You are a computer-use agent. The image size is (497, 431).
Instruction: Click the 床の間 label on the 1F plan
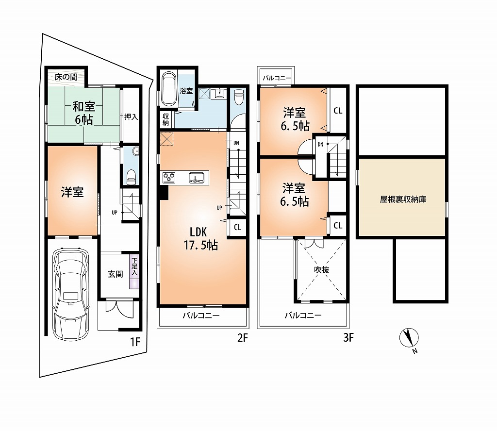66,77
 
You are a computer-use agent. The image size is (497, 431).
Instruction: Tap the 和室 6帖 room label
83,113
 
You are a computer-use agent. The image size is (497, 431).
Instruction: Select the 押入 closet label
131,117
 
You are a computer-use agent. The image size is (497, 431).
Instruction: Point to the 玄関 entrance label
116,274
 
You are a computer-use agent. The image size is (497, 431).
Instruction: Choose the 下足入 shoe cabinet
134,272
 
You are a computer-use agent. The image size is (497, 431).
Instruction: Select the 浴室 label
186,91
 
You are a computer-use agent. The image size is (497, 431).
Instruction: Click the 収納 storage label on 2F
166,119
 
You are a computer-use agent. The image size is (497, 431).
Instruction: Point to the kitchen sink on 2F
197,178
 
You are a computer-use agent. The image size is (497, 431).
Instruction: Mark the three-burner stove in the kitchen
168,178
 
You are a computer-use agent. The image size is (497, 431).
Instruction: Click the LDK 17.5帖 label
200,239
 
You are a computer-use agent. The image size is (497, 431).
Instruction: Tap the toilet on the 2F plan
238,97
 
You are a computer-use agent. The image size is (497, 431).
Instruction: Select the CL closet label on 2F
237,227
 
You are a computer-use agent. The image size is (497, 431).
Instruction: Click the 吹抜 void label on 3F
322,270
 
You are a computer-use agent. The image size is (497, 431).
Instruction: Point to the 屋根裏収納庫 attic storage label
403,199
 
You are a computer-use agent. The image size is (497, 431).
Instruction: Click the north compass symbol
409,338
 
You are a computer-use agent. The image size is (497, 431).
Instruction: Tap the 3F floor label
348,338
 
